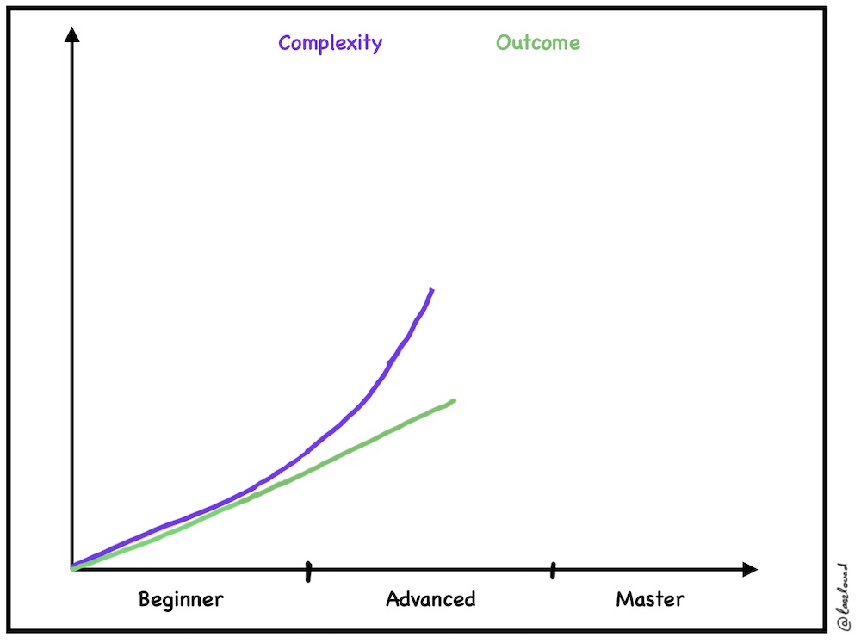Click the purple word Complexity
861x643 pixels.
click(x=330, y=43)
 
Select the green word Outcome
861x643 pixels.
click(x=538, y=43)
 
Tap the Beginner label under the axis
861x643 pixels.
click(x=181, y=599)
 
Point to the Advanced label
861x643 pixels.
click(x=430, y=599)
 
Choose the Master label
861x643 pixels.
click(x=650, y=599)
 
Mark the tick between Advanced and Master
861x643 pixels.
click(x=553, y=569)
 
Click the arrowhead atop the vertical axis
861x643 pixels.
click(x=72, y=35)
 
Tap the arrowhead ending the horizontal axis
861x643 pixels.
click(x=750, y=569)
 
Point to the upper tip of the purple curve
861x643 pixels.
click(x=431, y=290)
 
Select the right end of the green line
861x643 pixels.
click(x=453, y=401)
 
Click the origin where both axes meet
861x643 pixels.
click(x=72, y=569)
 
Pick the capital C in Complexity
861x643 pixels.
click(x=285, y=43)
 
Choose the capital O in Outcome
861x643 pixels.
click(x=503, y=43)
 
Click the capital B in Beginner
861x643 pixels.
click(x=145, y=599)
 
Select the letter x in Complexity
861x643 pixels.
click(x=356, y=44)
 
